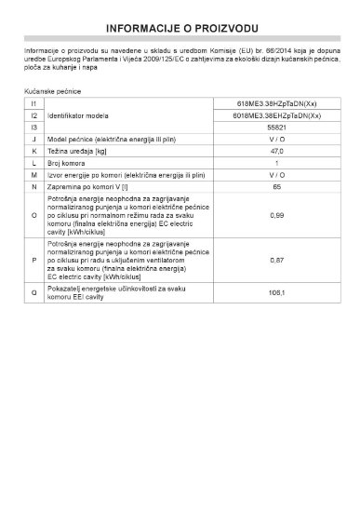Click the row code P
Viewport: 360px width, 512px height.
(x=33, y=287)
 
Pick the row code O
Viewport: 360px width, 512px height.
(x=33, y=241)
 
